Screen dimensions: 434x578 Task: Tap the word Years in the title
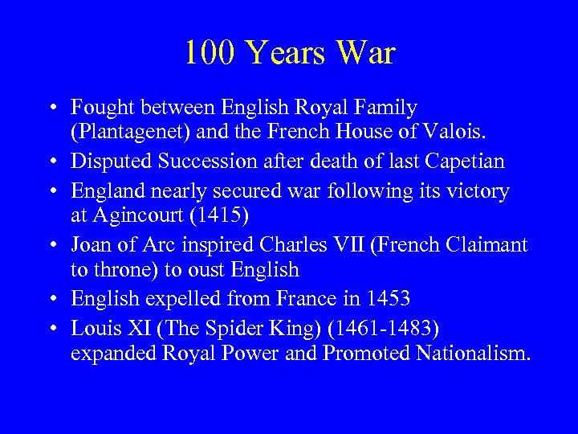tap(285, 53)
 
